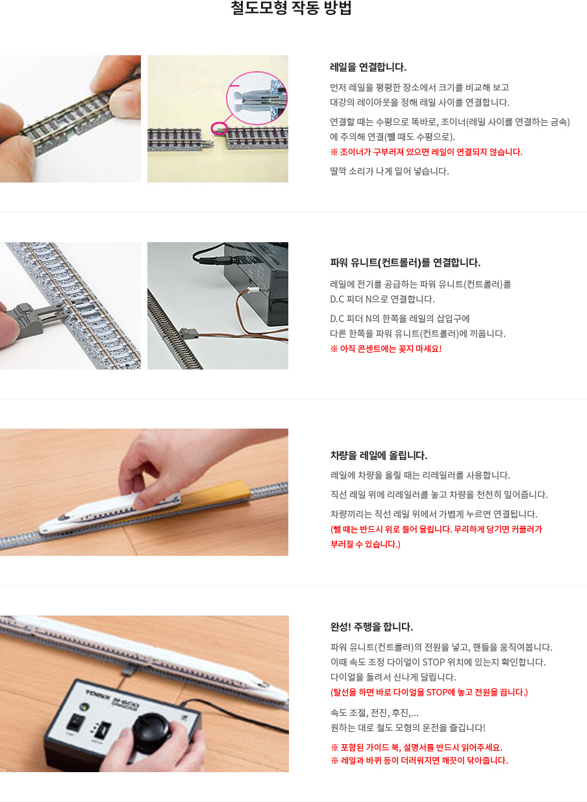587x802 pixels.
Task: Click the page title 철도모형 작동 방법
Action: tap(291, 8)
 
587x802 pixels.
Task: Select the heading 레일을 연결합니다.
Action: tap(368, 67)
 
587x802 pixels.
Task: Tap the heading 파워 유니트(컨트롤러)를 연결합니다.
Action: tap(405, 263)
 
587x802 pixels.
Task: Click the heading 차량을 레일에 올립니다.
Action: tap(379, 455)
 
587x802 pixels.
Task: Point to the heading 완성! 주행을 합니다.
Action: tap(371, 627)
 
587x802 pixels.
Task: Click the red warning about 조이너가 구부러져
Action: tap(426, 152)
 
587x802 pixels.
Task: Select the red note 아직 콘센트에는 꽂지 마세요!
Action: tap(386, 349)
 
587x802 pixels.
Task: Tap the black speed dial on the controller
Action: tap(151, 727)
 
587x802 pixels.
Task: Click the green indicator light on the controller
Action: tap(84, 707)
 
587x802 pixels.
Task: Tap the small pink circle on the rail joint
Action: tap(218, 128)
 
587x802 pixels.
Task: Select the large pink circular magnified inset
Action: tap(256, 98)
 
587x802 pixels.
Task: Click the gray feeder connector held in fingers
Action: tap(29, 319)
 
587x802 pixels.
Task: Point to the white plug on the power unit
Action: tap(254, 292)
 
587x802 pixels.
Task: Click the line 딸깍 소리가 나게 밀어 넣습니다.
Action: tap(389, 171)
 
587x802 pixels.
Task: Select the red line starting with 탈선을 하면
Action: tap(429, 692)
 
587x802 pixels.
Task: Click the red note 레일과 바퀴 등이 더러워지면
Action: tap(419, 760)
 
